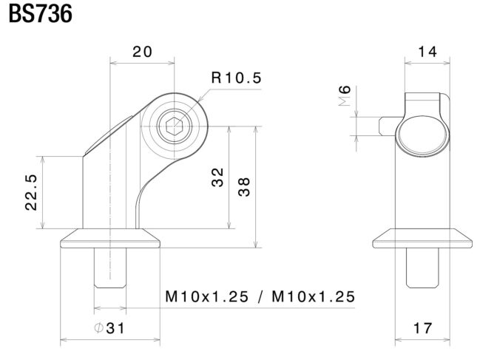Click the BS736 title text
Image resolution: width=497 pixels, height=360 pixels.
coord(41,15)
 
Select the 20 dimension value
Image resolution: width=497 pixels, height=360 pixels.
coord(142,52)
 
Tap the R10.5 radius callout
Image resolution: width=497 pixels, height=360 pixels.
coord(237,78)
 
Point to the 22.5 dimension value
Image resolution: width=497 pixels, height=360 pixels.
coord(31,192)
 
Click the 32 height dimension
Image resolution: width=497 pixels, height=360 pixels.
coord(217,177)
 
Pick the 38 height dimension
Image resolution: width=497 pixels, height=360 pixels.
coord(244,187)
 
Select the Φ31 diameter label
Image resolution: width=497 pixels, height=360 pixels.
coord(109,328)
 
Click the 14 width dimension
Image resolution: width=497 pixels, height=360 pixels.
coord(427,52)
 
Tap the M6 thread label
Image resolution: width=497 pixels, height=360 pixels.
coord(345,95)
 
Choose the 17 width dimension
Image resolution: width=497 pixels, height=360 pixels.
coord(423,328)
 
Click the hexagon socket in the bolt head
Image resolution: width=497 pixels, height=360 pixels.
coord(175,126)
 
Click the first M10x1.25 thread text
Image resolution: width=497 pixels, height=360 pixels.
coord(207,297)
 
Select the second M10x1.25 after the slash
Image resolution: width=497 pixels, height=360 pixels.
coord(314,297)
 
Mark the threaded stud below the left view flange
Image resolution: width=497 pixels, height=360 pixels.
coord(110,268)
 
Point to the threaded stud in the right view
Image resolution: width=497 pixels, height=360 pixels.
coord(422,268)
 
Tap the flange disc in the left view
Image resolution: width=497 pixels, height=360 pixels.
coord(110,238)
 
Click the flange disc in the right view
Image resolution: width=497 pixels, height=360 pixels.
coord(422,238)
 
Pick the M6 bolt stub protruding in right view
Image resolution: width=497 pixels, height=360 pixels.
coord(388,126)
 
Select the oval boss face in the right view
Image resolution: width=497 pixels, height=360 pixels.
coord(422,134)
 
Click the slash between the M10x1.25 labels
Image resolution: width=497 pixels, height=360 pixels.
coord(260,297)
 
